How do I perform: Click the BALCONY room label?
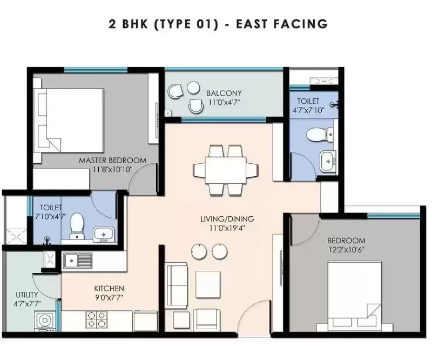pyautogui.click(x=224, y=93)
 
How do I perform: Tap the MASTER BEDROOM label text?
pyautogui.click(x=113, y=161)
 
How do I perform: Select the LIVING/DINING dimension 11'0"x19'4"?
pyautogui.click(x=227, y=229)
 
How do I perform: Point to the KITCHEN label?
pyautogui.click(x=109, y=289)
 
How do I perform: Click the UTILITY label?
pyautogui.click(x=26, y=295)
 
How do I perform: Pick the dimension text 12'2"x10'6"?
pyautogui.click(x=346, y=250)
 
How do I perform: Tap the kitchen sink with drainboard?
pyautogui.click(x=78, y=261)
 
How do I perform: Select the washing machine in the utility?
pyautogui.click(x=45, y=321)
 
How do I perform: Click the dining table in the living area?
pyautogui.click(x=226, y=170)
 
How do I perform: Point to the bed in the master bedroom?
pyautogui.click(x=69, y=121)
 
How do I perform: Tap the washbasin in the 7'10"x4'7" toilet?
pyautogui.click(x=104, y=235)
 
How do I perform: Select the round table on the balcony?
pyautogui.click(x=193, y=88)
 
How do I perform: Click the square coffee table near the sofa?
pyautogui.click(x=208, y=284)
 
